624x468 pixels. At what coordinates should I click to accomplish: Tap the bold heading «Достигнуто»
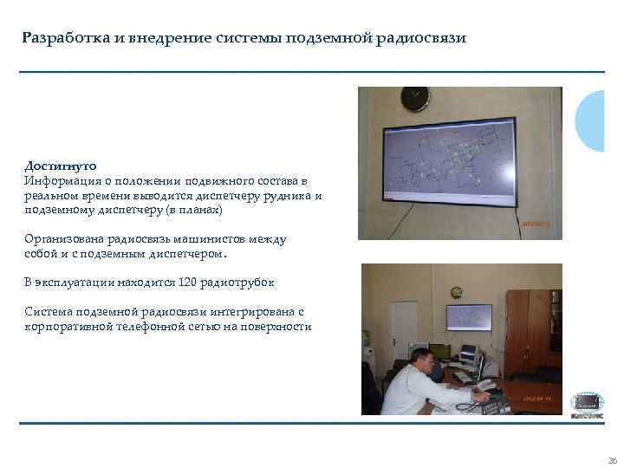(x=61, y=165)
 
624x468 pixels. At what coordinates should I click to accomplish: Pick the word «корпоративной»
(x=68, y=326)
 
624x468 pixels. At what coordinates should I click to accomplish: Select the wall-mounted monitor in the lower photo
(x=469, y=316)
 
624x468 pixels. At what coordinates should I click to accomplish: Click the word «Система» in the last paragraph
(x=48, y=311)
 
